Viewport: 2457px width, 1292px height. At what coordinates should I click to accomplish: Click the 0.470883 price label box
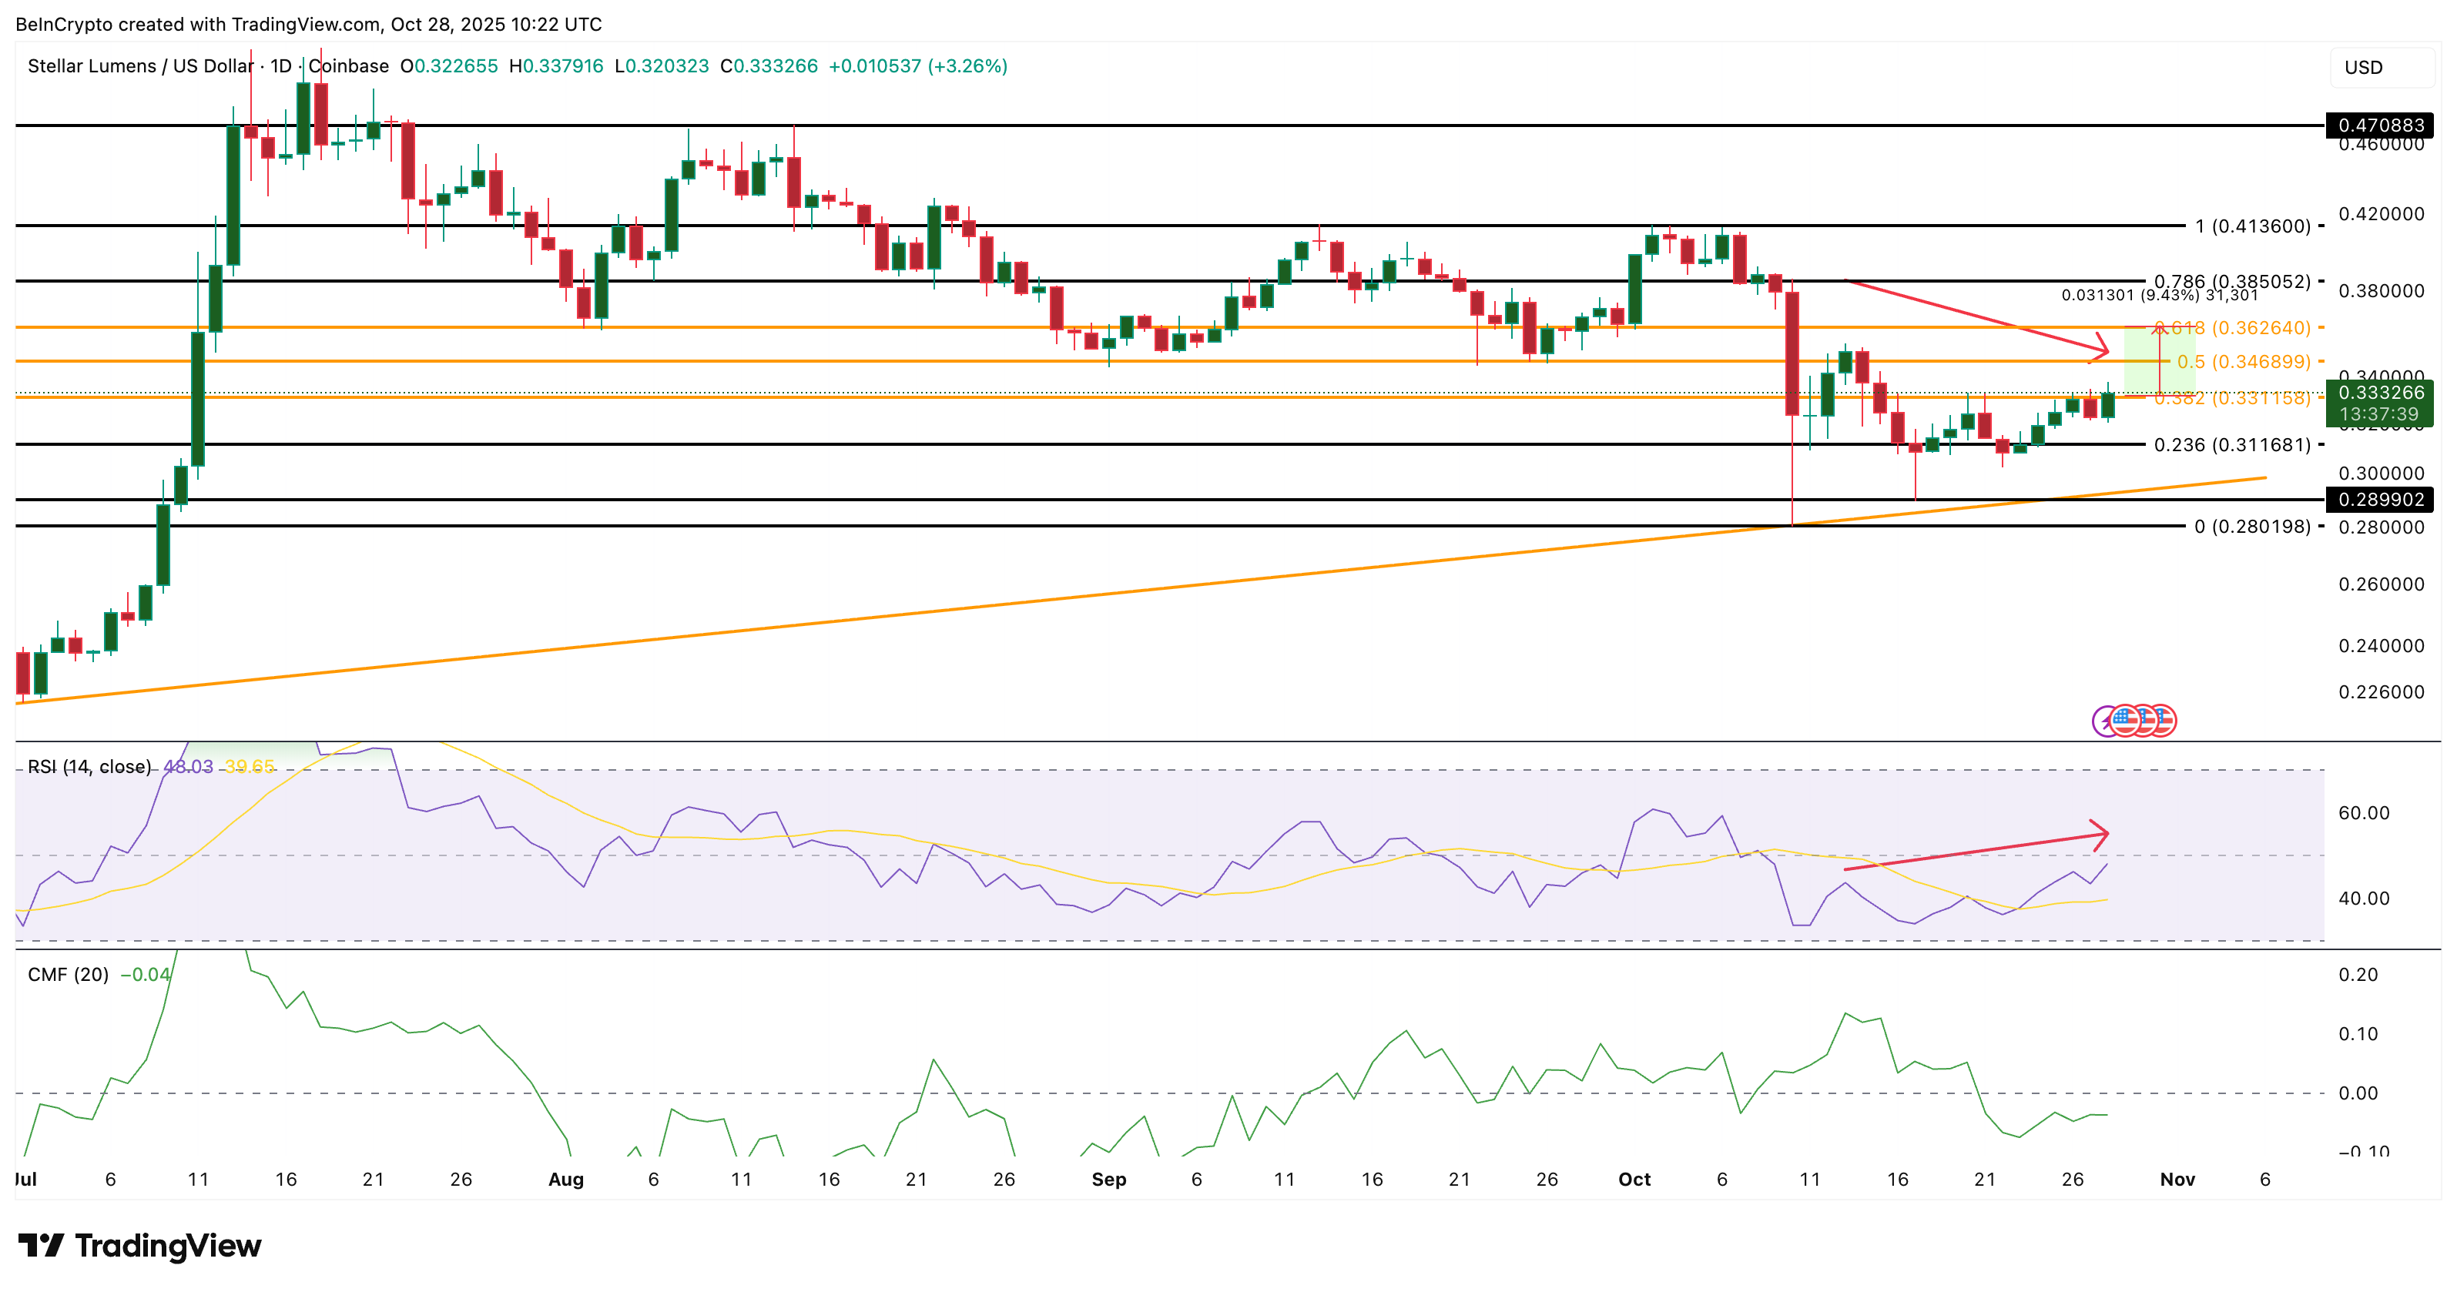tap(2380, 125)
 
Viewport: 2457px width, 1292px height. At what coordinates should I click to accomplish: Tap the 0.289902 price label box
tap(2380, 500)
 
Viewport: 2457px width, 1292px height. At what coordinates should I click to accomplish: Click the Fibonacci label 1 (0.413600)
tap(2252, 226)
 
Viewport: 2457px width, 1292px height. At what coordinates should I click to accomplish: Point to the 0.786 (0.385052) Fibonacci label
tap(2232, 281)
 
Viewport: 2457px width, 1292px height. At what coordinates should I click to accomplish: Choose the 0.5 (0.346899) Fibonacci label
tap(2244, 361)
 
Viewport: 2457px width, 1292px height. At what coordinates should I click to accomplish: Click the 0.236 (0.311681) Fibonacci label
tap(2232, 444)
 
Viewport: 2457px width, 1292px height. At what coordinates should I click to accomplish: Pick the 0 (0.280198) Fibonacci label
tap(2252, 527)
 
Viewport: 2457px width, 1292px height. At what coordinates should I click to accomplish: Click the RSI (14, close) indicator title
tap(89, 767)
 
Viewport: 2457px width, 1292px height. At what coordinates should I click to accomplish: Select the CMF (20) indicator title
tap(68, 975)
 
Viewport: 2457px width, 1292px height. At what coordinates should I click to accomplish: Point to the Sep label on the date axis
tap(1108, 1180)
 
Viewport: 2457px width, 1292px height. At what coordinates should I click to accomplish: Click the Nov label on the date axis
tap(2177, 1180)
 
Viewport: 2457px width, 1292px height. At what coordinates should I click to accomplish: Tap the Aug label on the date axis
tap(565, 1180)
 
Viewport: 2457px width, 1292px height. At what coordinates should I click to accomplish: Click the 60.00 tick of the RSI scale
tap(2364, 813)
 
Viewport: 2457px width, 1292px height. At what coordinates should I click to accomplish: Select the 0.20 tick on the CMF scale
tap(2358, 975)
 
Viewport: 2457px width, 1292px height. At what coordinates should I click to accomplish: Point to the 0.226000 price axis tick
tap(2381, 692)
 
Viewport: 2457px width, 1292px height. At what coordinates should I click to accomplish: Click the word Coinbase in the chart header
tap(349, 65)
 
